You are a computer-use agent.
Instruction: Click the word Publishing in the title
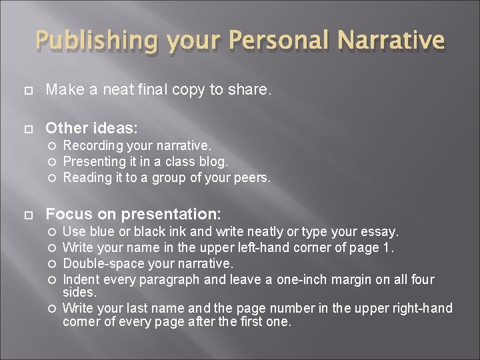pyautogui.click(x=97, y=40)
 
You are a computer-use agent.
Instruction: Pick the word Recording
pyautogui.click(x=92, y=145)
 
